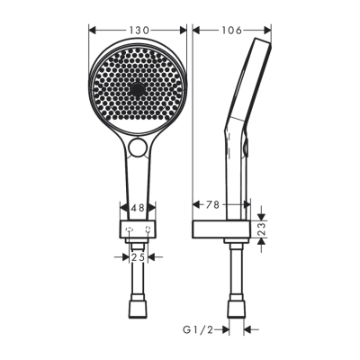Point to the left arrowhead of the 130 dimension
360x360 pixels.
point(92,31)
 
